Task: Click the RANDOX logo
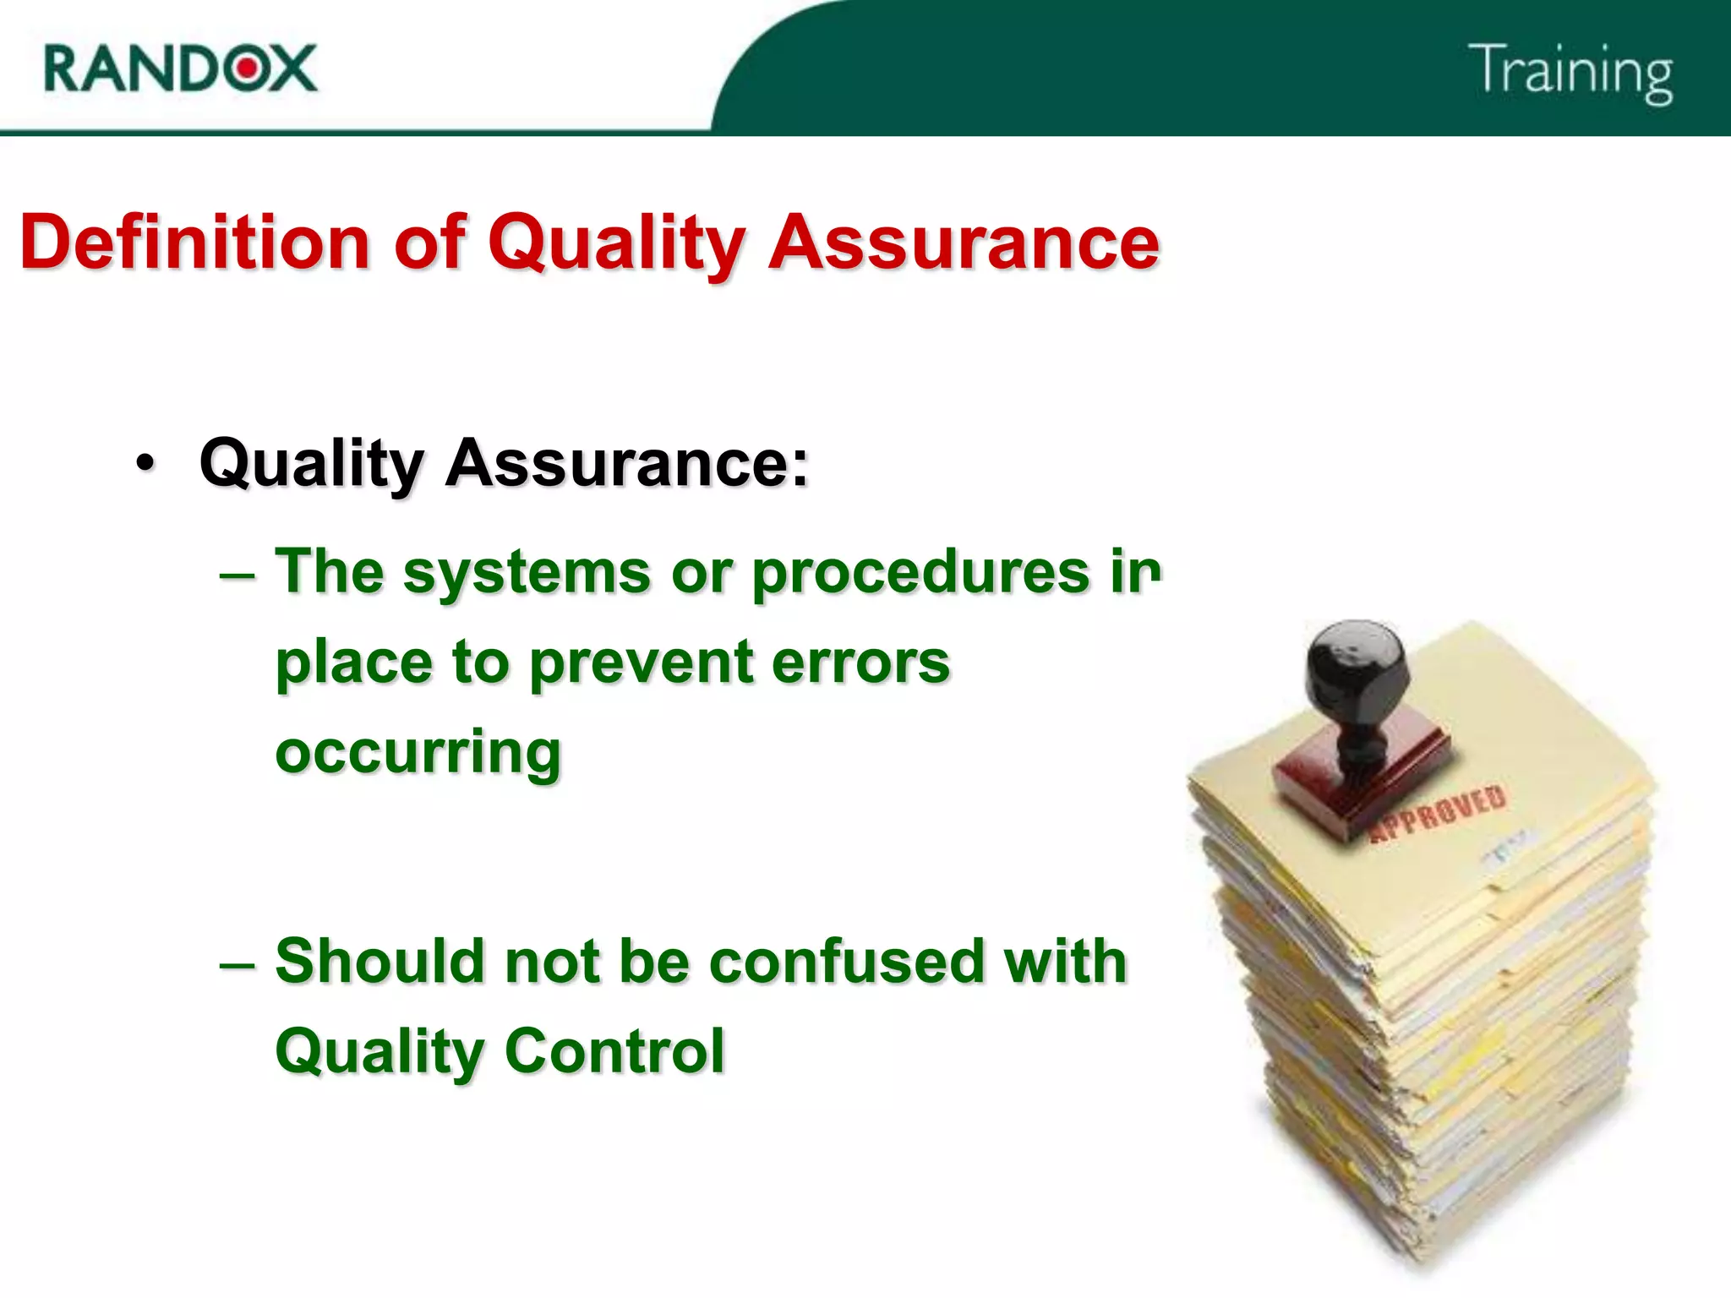tap(180, 68)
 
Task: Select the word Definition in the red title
tap(194, 243)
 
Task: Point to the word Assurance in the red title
tap(964, 243)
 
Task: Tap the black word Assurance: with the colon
tap(626, 463)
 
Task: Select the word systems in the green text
tap(527, 572)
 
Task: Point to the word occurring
tap(418, 752)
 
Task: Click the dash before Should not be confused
tap(237, 964)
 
